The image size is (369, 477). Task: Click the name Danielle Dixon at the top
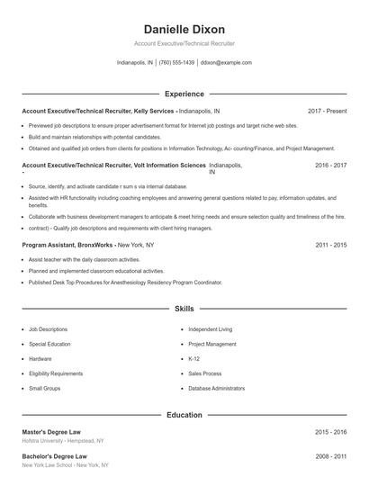pyautogui.click(x=184, y=29)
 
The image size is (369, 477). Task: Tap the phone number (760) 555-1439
pyautogui.click(x=177, y=63)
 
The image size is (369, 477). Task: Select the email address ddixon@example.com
pyautogui.click(x=226, y=63)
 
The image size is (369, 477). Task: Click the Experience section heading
pyautogui.click(x=184, y=94)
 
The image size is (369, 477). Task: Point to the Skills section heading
pyautogui.click(x=184, y=309)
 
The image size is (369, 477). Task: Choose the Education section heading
pyautogui.click(x=184, y=415)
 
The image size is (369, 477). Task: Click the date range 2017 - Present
pyautogui.click(x=327, y=111)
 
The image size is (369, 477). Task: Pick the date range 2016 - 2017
pyautogui.click(x=331, y=166)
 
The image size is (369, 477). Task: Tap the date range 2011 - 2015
pyautogui.click(x=331, y=245)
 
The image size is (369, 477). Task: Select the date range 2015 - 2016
pyautogui.click(x=331, y=432)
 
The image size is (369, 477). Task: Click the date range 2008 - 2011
pyautogui.click(x=331, y=456)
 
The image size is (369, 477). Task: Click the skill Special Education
pyautogui.click(x=50, y=344)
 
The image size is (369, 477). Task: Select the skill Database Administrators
pyautogui.click(x=216, y=388)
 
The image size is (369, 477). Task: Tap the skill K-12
pyautogui.click(x=193, y=358)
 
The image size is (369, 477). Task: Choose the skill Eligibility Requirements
pyautogui.click(x=56, y=373)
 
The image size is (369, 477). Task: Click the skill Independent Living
pyautogui.click(x=210, y=329)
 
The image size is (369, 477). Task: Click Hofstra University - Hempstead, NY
pyautogui.click(x=63, y=441)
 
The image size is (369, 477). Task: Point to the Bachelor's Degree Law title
pyautogui.click(x=53, y=456)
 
